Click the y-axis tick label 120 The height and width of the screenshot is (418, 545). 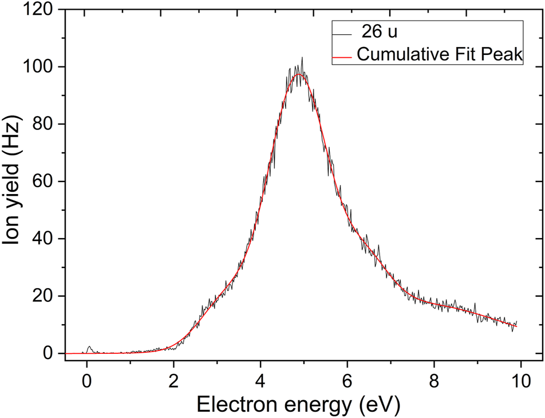[x=39, y=10]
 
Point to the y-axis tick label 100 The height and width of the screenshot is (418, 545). [x=39, y=67]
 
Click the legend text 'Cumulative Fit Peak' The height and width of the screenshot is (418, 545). [x=439, y=54]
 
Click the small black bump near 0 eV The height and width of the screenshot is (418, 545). [x=89, y=347]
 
